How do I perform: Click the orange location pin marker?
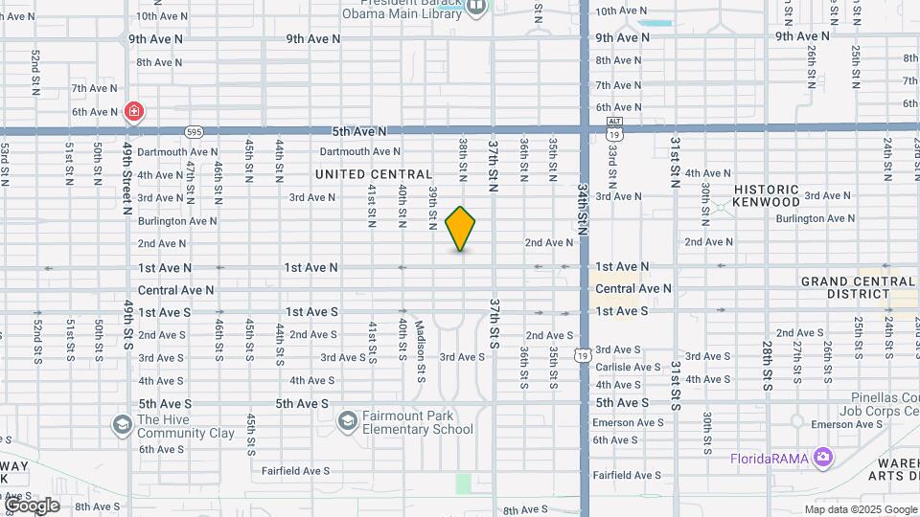point(461,228)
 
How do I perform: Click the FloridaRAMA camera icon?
point(822,458)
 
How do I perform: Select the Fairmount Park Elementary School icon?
point(348,419)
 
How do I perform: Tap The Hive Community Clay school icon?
point(122,423)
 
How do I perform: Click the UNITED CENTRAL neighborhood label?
point(374,174)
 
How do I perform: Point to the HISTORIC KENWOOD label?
point(766,196)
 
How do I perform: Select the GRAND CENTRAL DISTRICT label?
point(859,287)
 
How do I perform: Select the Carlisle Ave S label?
point(628,367)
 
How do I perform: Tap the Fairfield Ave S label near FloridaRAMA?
point(628,475)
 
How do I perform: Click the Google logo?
point(31,506)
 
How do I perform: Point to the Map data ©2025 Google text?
point(862,509)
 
